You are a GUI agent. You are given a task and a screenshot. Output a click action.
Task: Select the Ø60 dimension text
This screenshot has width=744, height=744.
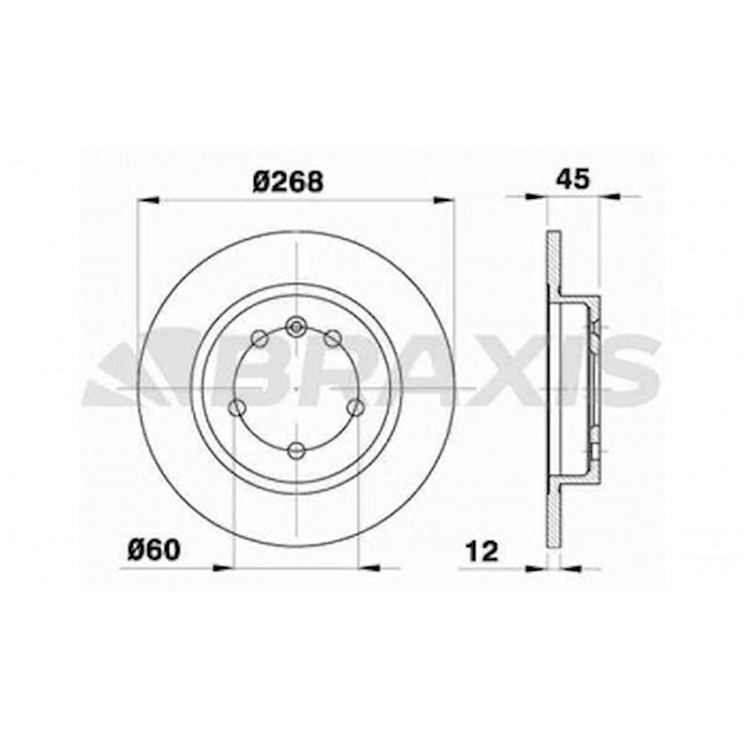(x=154, y=550)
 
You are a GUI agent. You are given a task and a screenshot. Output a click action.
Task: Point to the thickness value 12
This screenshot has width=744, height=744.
(x=482, y=551)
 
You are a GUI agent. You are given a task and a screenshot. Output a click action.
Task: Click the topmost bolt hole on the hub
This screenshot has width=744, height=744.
(x=295, y=327)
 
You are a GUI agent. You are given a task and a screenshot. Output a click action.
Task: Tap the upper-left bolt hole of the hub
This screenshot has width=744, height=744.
(x=259, y=339)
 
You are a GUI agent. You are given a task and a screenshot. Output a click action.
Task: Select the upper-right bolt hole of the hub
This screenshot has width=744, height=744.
(x=332, y=339)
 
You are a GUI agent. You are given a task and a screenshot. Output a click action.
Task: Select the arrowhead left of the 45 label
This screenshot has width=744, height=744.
(x=537, y=197)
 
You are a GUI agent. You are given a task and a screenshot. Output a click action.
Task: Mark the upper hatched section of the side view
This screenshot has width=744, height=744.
(x=553, y=265)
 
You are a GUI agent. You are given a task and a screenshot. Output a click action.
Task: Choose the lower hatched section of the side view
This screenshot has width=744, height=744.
(x=553, y=514)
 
